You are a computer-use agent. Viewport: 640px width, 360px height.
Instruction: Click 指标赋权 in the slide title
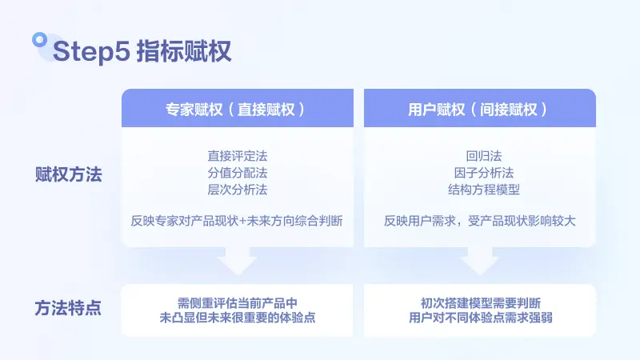[183, 51]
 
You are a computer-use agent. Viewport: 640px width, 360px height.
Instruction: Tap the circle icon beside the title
[38, 39]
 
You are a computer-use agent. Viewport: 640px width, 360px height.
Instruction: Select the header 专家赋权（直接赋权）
[237, 109]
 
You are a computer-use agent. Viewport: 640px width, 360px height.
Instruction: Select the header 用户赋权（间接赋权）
[479, 109]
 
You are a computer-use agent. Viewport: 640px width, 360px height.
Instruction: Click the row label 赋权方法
[69, 174]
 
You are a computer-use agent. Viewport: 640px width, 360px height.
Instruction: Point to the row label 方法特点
[69, 307]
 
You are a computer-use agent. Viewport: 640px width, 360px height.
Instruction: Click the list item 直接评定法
[237, 156]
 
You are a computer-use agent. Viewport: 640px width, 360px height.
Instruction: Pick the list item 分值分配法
[237, 173]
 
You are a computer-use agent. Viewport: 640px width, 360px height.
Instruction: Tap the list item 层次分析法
[237, 190]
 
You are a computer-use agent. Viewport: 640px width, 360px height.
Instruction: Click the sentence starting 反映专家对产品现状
[237, 221]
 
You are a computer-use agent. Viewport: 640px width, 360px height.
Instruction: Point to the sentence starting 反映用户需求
[479, 221]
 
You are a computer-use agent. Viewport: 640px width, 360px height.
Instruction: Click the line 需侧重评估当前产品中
[237, 302]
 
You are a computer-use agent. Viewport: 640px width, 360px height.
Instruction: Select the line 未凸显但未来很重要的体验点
[237, 318]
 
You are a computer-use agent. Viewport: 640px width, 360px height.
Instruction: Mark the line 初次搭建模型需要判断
[480, 302]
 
